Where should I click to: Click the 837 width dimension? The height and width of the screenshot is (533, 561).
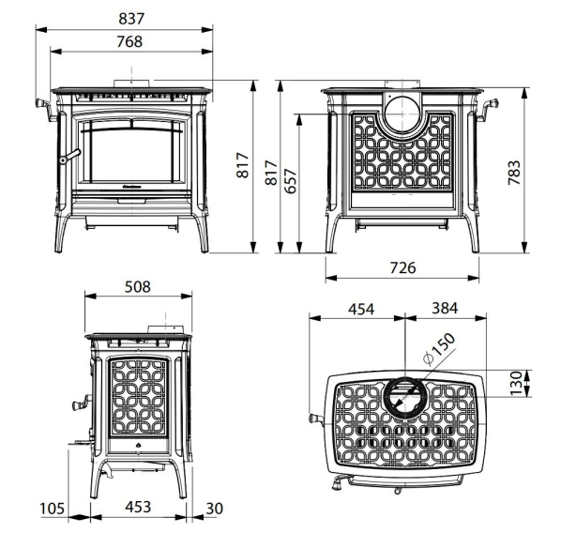pos(131,19)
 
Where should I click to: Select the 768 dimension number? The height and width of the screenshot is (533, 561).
pos(129,41)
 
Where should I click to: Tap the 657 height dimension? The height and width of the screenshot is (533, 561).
pos(291,181)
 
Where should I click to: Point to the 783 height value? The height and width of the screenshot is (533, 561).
pos(514,173)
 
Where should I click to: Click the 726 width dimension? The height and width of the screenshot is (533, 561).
pos(402,267)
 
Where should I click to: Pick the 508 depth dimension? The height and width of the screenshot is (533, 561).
pos(138,287)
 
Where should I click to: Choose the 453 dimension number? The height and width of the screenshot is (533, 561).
pos(138,507)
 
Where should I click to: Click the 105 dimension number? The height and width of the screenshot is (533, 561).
pos(53,509)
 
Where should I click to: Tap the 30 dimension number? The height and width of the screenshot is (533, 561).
pos(214,509)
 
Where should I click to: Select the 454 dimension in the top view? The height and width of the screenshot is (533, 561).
pos(361,309)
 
